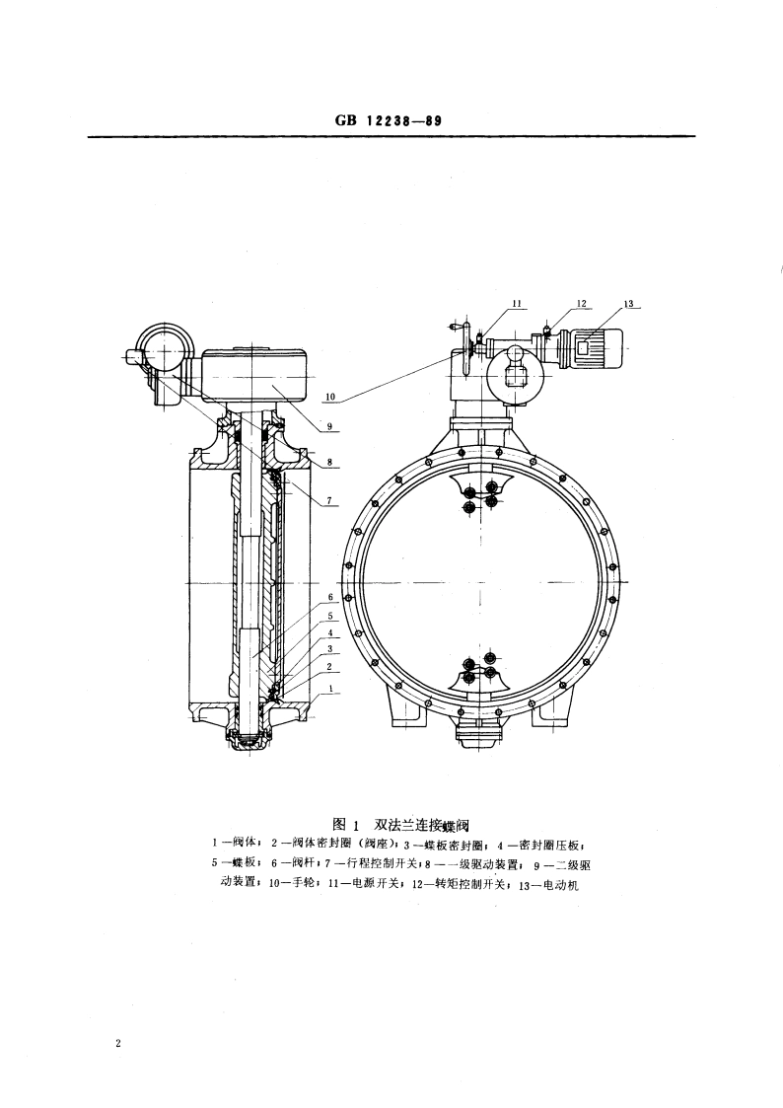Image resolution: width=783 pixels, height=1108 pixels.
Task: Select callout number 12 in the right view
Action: (582, 303)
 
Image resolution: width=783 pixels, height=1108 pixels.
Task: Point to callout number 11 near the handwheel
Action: (516, 303)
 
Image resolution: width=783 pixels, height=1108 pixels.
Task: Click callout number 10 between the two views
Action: (330, 398)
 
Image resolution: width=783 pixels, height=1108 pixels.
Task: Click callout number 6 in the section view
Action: (332, 598)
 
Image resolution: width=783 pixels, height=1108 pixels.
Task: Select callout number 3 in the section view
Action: (332, 649)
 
